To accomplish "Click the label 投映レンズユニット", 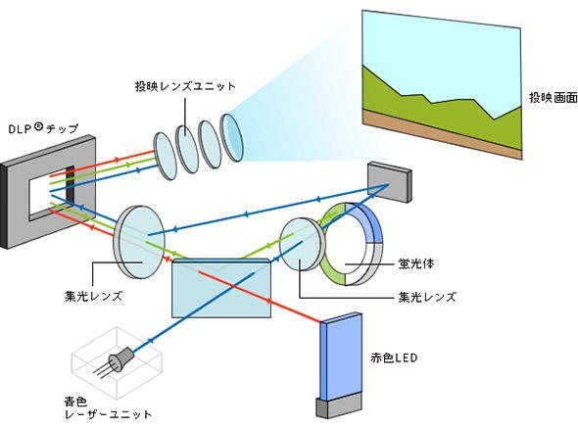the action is point(185,86).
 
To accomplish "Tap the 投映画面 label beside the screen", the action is point(554,97).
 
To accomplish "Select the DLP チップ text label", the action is point(43,128).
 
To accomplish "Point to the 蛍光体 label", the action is point(415,263).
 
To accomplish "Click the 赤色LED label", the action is point(394,357).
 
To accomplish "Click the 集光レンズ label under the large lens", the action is point(93,296).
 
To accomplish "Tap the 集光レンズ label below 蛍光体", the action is point(427,297).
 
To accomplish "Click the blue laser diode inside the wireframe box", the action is point(120,358).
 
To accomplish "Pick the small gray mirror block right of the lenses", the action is point(389,182).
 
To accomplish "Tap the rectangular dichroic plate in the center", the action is point(221,288).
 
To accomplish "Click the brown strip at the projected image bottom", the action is point(442,134).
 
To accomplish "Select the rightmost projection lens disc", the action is point(231,137).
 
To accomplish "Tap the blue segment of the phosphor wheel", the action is point(367,220).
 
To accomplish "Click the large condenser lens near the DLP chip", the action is point(139,241).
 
